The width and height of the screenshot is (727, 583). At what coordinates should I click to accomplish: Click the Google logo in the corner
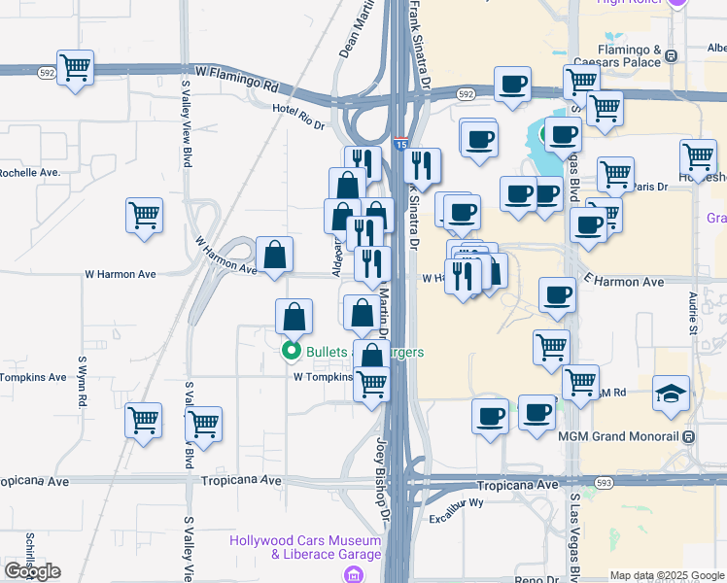click(x=33, y=571)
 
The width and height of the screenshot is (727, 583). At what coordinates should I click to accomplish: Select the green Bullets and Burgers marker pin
click(x=290, y=352)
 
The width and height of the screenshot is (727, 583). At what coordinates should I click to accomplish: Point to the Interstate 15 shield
click(x=400, y=144)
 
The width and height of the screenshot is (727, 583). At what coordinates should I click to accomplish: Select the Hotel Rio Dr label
click(x=297, y=116)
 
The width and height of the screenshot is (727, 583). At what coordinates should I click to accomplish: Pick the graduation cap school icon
click(x=672, y=394)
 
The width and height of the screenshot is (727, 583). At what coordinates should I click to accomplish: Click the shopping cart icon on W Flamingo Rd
click(x=75, y=68)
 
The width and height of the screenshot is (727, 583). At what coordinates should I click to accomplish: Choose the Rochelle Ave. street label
click(x=30, y=172)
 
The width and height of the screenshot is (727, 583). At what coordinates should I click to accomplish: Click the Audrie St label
click(x=693, y=313)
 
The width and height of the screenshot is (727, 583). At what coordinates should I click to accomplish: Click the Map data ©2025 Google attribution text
click(x=666, y=575)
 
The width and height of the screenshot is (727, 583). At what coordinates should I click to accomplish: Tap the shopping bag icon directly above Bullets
click(x=294, y=318)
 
